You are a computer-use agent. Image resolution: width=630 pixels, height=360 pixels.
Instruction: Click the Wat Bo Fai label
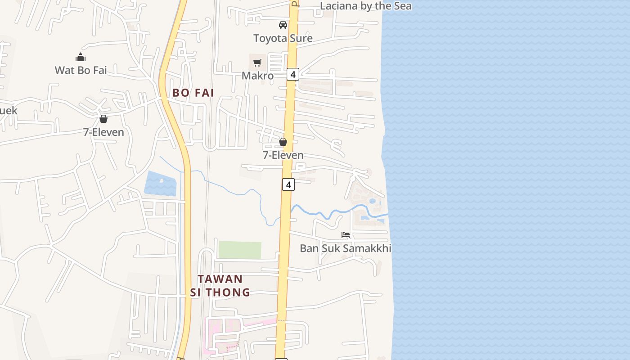point(81,70)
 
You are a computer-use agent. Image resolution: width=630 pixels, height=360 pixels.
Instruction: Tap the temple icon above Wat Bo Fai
point(81,57)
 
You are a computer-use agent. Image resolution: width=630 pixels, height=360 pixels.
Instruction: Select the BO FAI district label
point(193,93)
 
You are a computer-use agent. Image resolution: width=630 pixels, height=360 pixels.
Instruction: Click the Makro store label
point(257,76)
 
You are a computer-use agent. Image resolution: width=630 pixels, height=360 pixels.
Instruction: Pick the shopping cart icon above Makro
point(257,63)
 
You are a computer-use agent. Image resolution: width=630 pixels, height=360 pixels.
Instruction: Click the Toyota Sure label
point(283,38)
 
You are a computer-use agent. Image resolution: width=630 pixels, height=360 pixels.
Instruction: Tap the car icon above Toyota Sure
point(283,25)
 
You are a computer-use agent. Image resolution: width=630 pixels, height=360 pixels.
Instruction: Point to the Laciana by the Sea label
point(365,6)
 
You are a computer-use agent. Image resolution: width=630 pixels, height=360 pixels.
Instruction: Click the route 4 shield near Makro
point(293,74)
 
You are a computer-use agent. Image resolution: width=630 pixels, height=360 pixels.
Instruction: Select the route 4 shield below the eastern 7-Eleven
point(288,184)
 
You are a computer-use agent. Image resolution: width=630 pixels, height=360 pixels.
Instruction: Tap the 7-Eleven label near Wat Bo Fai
point(103,132)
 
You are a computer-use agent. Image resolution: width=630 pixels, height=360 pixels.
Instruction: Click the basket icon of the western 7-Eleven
point(103,119)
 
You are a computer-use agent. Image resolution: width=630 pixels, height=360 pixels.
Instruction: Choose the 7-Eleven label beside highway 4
point(283,155)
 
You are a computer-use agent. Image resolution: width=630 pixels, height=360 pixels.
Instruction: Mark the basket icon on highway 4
point(283,142)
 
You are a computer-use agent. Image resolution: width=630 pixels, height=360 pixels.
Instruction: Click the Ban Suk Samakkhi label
point(345,248)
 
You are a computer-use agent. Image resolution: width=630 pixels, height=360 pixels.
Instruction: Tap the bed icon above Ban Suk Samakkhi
point(346,235)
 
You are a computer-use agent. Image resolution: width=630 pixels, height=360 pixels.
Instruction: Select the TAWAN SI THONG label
point(220,286)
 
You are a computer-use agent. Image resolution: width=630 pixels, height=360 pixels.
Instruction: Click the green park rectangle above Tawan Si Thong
point(239,250)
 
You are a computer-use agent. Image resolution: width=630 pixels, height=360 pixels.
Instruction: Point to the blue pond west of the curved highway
point(160,184)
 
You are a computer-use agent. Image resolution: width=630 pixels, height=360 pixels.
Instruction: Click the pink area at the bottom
point(225,328)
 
